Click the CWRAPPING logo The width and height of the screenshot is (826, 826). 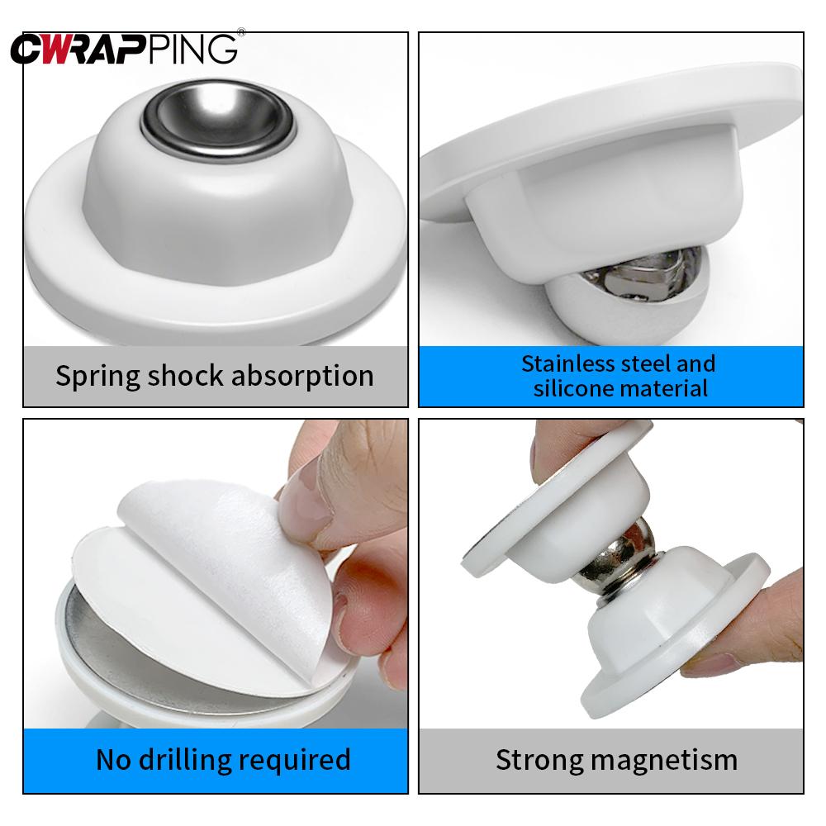pyautogui.click(x=124, y=49)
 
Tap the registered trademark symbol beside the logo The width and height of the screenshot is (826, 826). pyautogui.click(x=240, y=34)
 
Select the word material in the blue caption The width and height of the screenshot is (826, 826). pyautogui.click(x=665, y=388)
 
